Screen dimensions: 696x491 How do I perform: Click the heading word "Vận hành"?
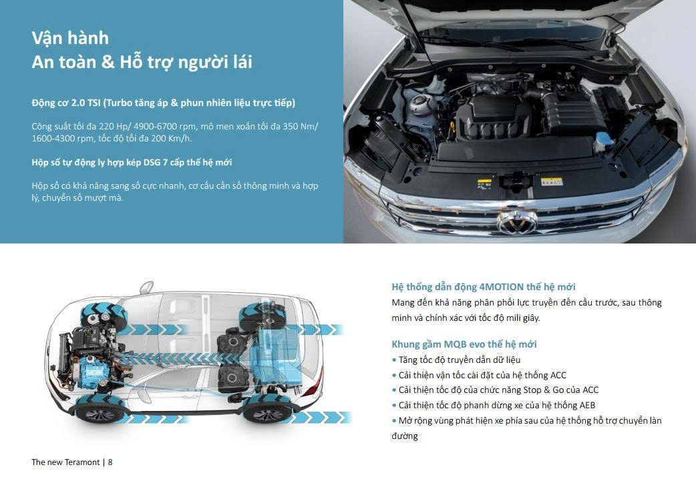(x=70, y=39)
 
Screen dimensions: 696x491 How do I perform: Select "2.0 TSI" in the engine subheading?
(x=86, y=103)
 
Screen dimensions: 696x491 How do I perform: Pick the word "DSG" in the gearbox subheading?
(x=152, y=162)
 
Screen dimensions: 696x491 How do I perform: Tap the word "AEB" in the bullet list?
(x=587, y=405)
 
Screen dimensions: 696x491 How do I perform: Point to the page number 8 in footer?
(x=110, y=462)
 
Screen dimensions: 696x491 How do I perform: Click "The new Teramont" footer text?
(x=65, y=462)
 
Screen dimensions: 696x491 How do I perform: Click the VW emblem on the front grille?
(x=517, y=221)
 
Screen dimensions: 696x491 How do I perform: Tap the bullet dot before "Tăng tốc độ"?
(x=394, y=360)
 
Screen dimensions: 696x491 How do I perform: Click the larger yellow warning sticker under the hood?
(x=552, y=181)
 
